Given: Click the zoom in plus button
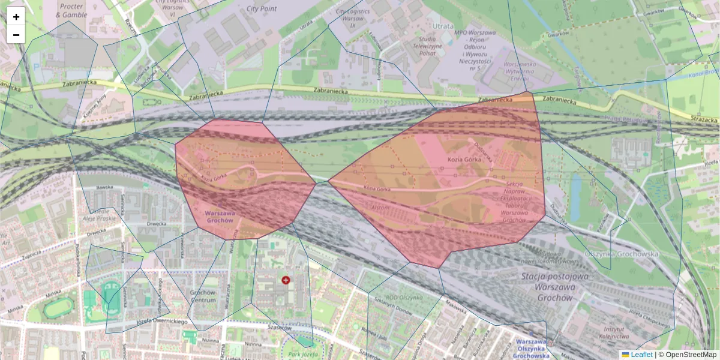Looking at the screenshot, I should (x=16, y=17).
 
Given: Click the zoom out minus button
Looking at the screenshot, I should (x=16, y=35).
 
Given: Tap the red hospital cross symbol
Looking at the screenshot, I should (x=286, y=280).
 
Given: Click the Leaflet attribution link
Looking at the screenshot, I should (x=641, y=355).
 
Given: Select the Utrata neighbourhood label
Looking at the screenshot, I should (x=443, y=26).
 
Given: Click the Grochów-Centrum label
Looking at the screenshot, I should (x=202, y=296).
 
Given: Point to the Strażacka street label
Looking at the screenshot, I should (x=704, y=119).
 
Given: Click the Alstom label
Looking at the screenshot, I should (x=381, y=207).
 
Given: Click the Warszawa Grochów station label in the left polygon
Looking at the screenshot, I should (x=218, y=217).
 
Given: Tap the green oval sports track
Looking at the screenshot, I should (x=58, y=307).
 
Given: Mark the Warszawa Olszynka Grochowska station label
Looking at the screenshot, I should (x=532, y=348).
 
